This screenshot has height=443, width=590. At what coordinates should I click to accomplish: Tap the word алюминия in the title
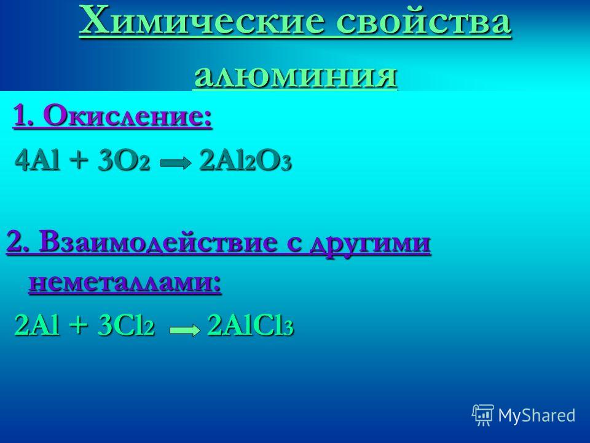pos(296,75)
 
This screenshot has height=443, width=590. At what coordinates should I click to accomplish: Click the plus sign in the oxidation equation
pos(79,162)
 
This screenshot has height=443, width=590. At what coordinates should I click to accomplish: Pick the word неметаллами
pos(125,282)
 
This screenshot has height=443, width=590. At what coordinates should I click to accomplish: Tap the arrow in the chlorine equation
pos(185,330)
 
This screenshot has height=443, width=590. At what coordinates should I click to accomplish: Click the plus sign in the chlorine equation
pos(79,326)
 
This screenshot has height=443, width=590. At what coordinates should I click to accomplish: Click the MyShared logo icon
pos(483,415)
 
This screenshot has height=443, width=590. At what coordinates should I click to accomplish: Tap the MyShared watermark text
pos(537,415)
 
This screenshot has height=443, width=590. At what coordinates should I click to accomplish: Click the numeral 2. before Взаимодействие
pos(19,244)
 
